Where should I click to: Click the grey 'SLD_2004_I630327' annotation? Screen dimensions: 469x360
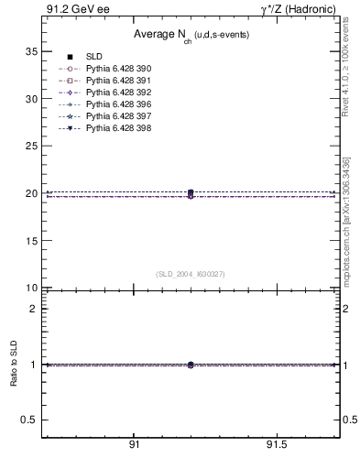point(191,274)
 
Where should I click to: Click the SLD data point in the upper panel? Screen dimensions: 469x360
point(191,192)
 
